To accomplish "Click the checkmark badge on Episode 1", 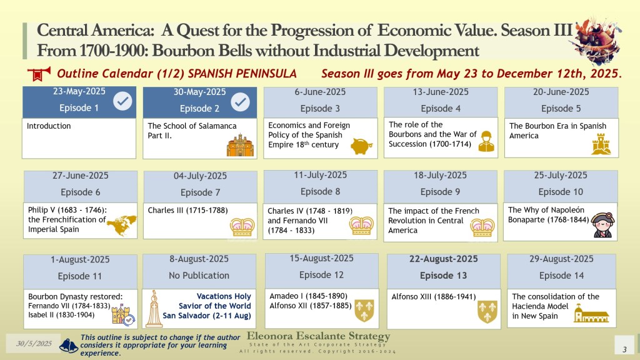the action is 122,101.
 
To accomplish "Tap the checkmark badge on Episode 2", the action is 241,102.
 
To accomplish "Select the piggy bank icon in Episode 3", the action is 361,146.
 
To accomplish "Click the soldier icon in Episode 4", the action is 486,142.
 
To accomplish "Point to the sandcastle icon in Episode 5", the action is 601,144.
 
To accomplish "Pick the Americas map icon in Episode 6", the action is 122,225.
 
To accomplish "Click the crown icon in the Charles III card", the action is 242,227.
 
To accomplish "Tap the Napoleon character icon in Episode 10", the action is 603,224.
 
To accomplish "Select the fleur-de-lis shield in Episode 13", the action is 487,312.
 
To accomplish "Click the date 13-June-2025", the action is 441,92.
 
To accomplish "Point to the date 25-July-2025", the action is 561,175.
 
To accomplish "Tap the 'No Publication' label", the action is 199,276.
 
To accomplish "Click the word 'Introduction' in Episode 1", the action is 49,126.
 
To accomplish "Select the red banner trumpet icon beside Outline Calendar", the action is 39,74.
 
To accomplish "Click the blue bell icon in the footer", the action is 69,346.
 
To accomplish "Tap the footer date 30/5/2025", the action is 34,343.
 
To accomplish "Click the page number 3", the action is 624,349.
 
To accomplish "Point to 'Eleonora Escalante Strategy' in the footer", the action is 318,336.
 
